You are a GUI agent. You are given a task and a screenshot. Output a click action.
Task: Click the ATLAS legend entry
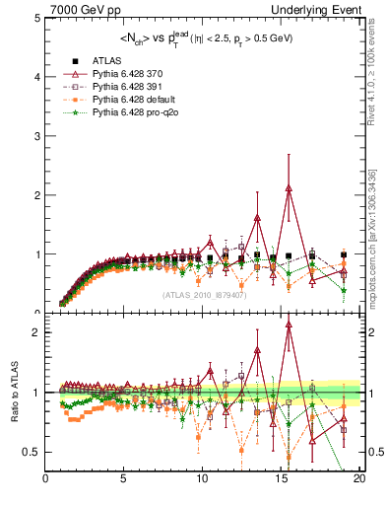pyautogui.click(x=106, y=61)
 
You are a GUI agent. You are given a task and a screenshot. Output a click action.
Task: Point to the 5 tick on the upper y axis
pyautogui.click(x=36, y=19)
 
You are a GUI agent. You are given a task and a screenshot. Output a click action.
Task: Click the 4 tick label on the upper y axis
pyautogui.click(x=36, y=77)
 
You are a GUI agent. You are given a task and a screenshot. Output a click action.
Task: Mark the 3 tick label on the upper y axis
pyautogui.click(x=36, y=136)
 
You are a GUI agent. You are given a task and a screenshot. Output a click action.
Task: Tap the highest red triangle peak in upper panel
pyautogui.click(x=289, y=188)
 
